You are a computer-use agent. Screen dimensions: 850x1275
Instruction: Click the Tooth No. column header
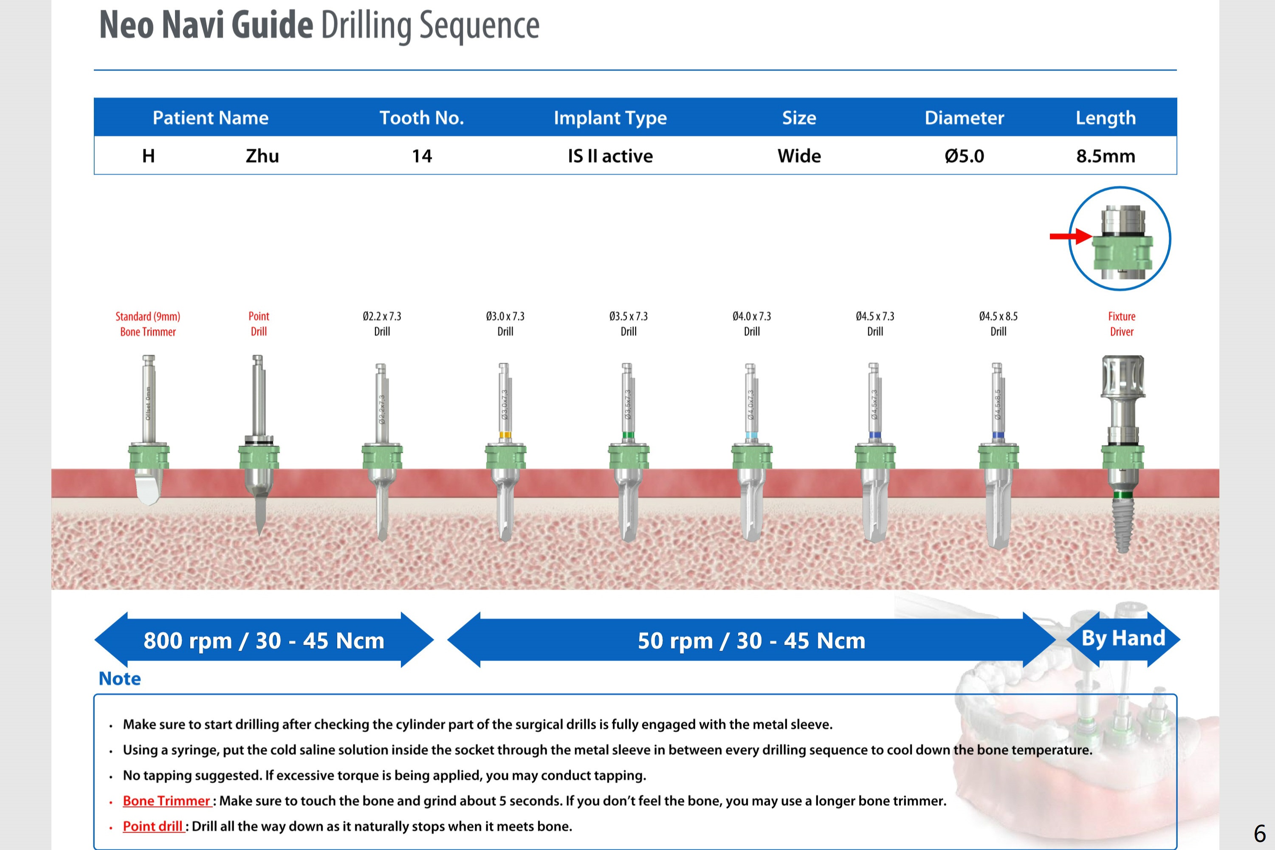(422, 118)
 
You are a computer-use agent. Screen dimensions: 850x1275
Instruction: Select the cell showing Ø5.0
(964, 156)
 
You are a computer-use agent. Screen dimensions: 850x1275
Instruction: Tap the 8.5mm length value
(1106, 156)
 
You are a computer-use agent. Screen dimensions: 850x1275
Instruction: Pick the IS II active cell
(610, 156)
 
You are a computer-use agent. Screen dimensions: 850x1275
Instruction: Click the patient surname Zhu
(262, 156)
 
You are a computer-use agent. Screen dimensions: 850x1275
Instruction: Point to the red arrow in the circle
(1070, 236)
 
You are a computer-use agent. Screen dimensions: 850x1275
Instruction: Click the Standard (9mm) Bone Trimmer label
(148, 324)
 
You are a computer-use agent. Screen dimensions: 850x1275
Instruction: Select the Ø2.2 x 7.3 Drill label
(382, 324)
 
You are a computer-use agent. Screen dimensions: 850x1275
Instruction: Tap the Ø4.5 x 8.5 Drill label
(998, 324)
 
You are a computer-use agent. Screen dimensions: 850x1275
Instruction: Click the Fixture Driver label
(1122, 324)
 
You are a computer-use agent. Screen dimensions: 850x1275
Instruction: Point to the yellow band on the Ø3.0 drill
(505, 435)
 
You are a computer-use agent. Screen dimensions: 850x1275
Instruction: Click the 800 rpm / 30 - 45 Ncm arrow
(264, 640)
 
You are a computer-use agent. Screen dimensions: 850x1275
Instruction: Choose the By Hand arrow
(1123, 638)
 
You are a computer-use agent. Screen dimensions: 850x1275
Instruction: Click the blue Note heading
(120, 679)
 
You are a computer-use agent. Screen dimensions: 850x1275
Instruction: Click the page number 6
(1260, 833)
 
